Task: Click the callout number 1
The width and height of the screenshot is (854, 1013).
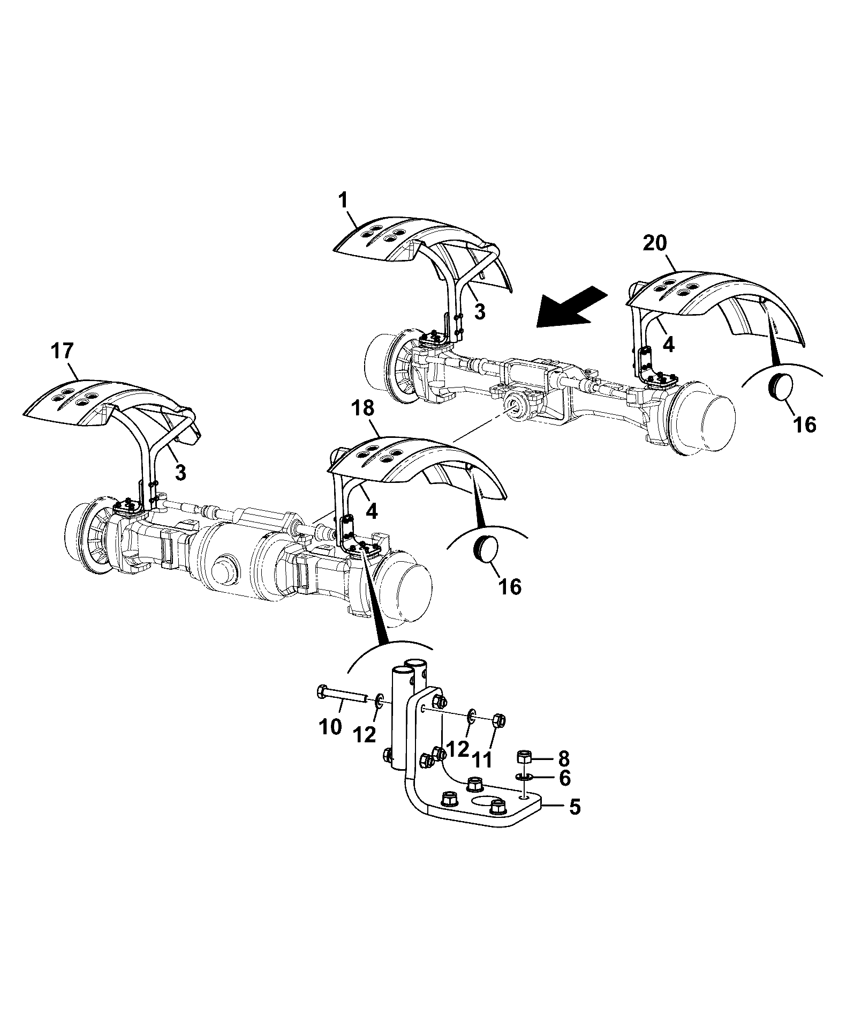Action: point(343,202)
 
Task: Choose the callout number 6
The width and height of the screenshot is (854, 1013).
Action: point(564,778)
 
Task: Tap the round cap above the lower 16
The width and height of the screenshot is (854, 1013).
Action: point(486,548)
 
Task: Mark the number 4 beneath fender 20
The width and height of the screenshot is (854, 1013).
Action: point(669,344)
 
